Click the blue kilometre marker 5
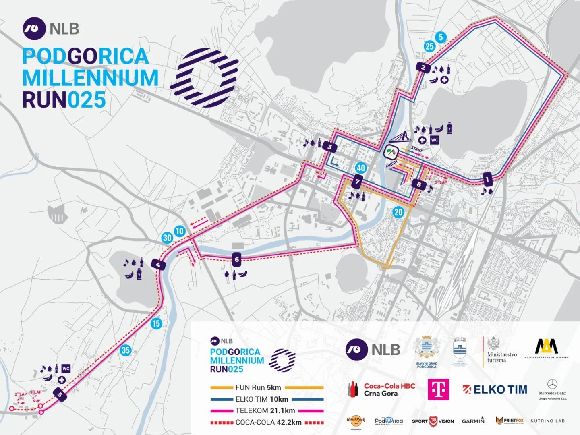(441, 37)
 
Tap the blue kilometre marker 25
(429, 46)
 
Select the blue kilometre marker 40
(361, 168)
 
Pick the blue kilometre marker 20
(398, 212)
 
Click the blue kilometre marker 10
(180, 231)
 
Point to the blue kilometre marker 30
(167, 238)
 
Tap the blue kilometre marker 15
(156, 323)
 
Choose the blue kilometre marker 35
(126, 350)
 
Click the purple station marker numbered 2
(423, 68)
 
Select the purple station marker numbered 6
(237, 260)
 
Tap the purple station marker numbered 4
(158, 265)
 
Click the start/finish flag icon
(391, 152)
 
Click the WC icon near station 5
(66, 369)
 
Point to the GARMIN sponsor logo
(473, 420)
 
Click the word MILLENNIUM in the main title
(91, 78)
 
